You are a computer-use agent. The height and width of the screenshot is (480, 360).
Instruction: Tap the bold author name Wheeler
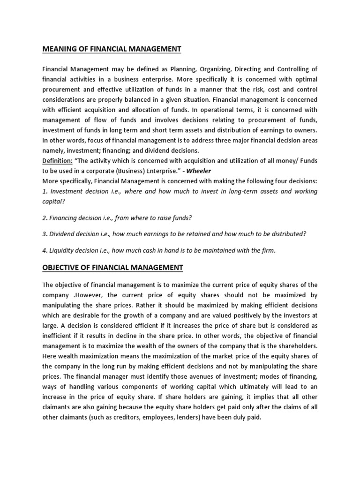point(199,171)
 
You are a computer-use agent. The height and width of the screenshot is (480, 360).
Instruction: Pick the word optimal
point(305,80)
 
